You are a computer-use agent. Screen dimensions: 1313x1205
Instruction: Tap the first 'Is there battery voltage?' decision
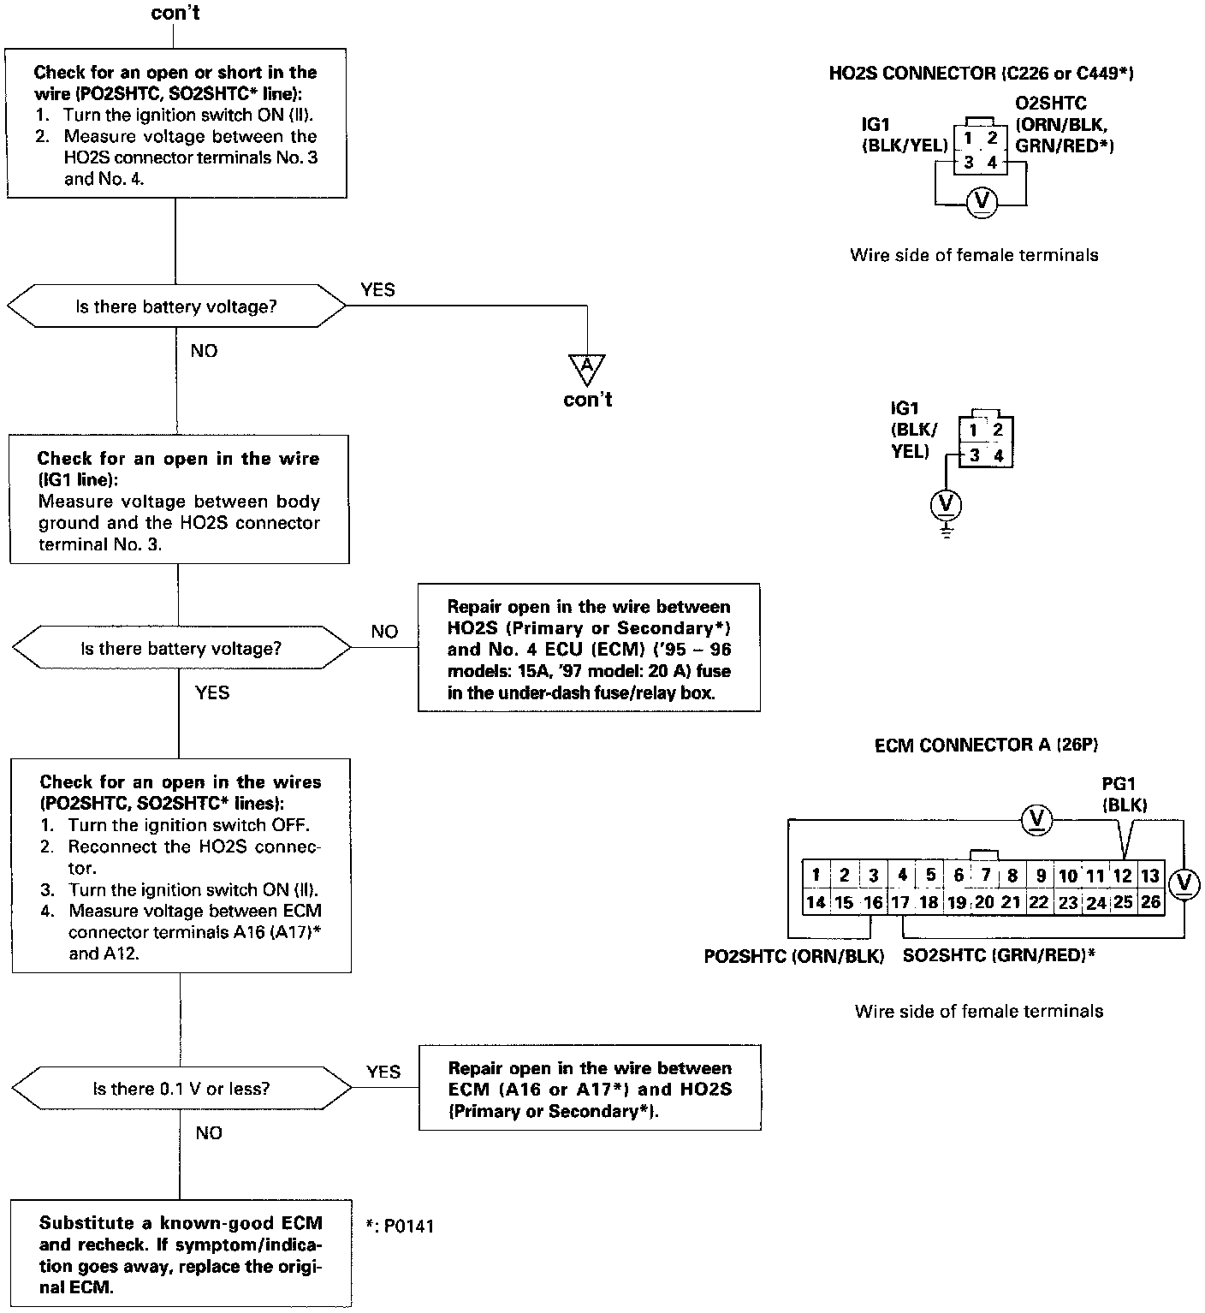pos(176,306)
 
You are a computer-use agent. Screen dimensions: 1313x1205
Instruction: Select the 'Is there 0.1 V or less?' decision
pos(181,1089)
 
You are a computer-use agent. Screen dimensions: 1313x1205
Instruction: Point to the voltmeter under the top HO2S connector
pos(981,202)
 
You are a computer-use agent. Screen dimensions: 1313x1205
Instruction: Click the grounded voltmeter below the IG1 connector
pos(946,503)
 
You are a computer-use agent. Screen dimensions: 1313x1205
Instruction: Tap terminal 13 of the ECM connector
pos(1149,875)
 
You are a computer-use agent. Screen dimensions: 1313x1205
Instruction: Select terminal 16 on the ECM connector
pos(872,901)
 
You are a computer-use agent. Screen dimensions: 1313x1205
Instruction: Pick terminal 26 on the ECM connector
pos(1150,901)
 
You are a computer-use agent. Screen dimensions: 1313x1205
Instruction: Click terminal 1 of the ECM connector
pos(816,875)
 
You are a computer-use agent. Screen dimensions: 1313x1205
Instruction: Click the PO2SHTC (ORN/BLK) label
pos(793,956)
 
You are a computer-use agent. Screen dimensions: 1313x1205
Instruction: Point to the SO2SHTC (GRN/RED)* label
pos(999,956)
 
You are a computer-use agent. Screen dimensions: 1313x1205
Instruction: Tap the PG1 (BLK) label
pos(1125,793)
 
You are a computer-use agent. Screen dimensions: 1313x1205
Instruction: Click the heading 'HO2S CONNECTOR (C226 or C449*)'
pos(982,74)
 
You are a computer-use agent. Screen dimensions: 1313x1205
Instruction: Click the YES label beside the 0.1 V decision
pos(383,1072)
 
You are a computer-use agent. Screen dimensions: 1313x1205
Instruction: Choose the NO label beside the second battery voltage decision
pos(384,632)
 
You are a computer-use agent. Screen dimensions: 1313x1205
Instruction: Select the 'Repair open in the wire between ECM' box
pos(590,1089)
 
